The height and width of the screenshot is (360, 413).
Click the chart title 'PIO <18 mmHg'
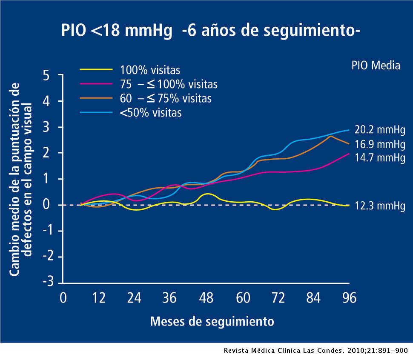(x=117, y=31)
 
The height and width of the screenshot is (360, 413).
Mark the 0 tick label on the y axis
(x=46, y=205)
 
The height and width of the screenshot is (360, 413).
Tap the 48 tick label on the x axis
(x=206, y=298)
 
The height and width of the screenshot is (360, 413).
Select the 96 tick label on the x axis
(x=349, y=298)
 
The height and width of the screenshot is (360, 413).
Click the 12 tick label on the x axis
(x=99, y=298)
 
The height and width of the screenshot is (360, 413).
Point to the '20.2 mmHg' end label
(x=380, y=130)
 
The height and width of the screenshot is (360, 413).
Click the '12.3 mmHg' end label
(x=380, y=206)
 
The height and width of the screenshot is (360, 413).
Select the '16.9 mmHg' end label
(x=380, y=144)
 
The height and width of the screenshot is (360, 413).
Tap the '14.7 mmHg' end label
(x=380, y=157)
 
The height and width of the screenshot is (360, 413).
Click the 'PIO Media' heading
(x=376, y=65)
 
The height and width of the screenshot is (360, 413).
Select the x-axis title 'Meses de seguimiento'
(x=212, y=321)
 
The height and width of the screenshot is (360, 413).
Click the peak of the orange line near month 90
(x=330, y=136)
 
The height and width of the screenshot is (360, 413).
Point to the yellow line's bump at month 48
(x=207, y=194)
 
